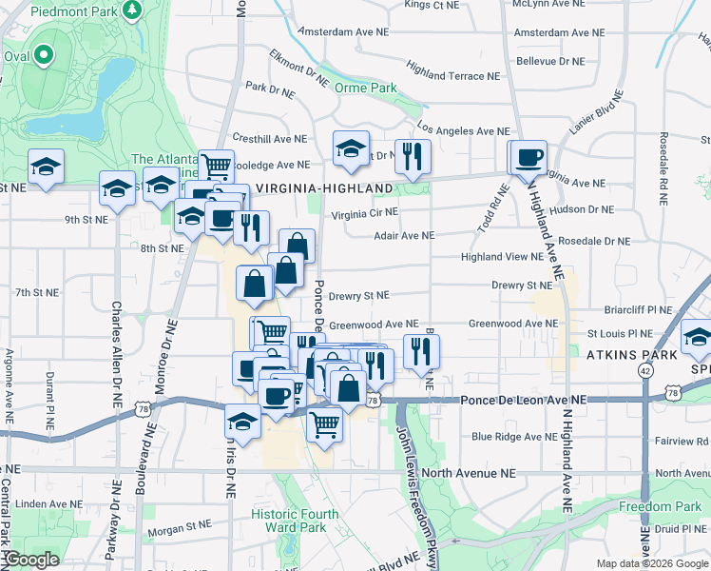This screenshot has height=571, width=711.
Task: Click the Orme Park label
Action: coord(365,88)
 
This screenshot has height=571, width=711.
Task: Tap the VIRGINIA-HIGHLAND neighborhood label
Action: coord(324,188)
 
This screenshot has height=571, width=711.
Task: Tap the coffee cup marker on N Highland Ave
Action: coord(528,157)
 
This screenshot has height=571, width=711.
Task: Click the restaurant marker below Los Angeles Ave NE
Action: coord(413,157)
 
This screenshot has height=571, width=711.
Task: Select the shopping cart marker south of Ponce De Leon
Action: coord(325,424)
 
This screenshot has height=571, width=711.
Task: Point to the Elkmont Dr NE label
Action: coord(299,64)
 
